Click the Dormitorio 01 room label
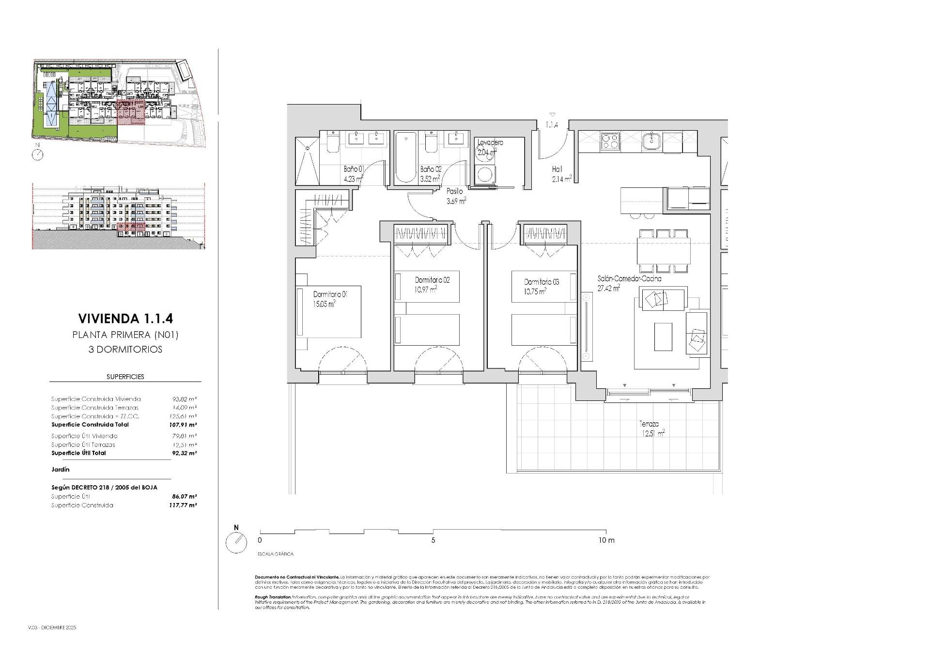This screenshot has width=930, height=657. [330, 294]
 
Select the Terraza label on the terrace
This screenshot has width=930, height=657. [649, 424]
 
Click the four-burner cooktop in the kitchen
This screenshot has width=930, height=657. [610, 141]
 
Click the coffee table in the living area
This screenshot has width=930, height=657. [663, 336]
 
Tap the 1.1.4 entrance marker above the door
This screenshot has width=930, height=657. [552, 125]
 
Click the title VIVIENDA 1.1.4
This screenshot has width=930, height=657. [125, 318]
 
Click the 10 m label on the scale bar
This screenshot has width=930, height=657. [606, 540]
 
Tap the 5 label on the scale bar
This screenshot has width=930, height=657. [433, 540]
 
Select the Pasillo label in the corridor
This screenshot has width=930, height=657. [454, 191]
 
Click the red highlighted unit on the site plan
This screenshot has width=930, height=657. [131, 114]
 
